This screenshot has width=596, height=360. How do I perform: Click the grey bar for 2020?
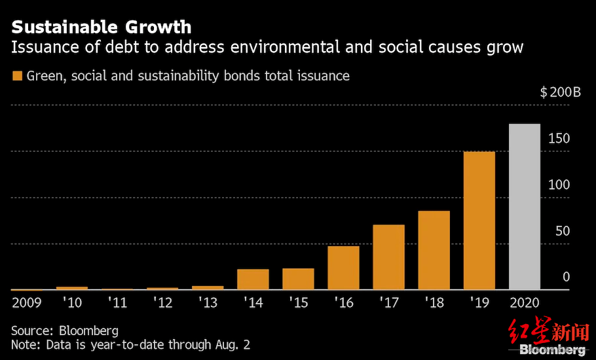(524, 207)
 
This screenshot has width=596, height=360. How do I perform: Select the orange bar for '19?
(479, 221)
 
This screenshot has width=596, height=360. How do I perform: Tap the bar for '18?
(434, 250)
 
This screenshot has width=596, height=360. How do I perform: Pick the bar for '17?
(388, 257)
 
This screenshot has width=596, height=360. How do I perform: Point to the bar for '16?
(343, 268)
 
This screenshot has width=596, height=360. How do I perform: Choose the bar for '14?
(253, 279)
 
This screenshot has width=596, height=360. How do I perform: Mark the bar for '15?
(298, 279)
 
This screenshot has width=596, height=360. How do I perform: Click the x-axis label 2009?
(27, 303)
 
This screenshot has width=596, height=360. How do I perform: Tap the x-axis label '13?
(207, 303)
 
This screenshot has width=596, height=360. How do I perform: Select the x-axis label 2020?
(524, 303)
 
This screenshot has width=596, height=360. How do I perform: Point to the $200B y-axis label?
(560, 93)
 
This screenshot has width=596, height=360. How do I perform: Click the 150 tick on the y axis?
(559, 139)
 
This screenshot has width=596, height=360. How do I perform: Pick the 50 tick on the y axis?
(563, 231)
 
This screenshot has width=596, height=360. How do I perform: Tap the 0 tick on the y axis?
(566, 278)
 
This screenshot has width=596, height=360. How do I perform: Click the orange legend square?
(17, 76)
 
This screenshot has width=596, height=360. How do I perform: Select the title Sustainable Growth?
(102, 27)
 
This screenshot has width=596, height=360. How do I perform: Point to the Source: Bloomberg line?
(65, 330)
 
